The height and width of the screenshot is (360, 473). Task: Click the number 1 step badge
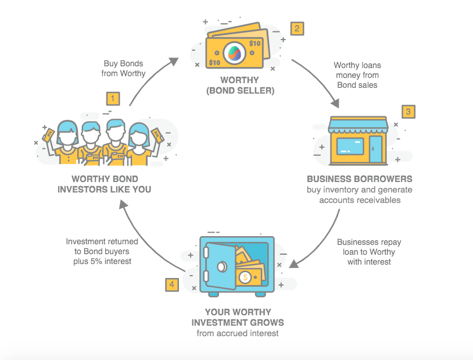coord(113,98)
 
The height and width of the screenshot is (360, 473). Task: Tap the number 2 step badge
coord(297,28)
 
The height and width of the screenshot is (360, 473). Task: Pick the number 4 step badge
coord(171,284)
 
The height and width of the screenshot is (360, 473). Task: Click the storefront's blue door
coord(376,148)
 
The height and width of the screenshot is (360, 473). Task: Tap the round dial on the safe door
coord(221,266)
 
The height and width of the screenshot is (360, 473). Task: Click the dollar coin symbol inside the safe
coord(246,277)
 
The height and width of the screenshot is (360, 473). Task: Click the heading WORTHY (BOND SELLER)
coord(239,85)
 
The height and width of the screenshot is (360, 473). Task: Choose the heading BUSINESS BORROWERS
coord(360,179)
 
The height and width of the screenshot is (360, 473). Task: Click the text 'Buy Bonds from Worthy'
coord(124,68)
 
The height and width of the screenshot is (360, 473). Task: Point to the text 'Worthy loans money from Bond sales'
coord(357,76)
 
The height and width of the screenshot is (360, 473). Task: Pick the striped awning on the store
coord(358,124)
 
